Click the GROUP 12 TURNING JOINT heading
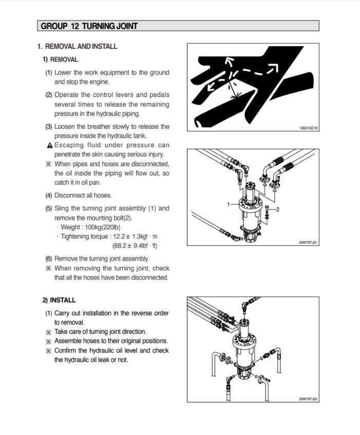point(89,26)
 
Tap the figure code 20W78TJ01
point(308,243)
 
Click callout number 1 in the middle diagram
point(229,204)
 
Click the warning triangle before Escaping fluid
point(49,145)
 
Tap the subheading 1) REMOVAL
point(61,60)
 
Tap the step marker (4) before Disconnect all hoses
point(49,195)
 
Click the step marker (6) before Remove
point(49,259)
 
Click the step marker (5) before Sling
point(49,208)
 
